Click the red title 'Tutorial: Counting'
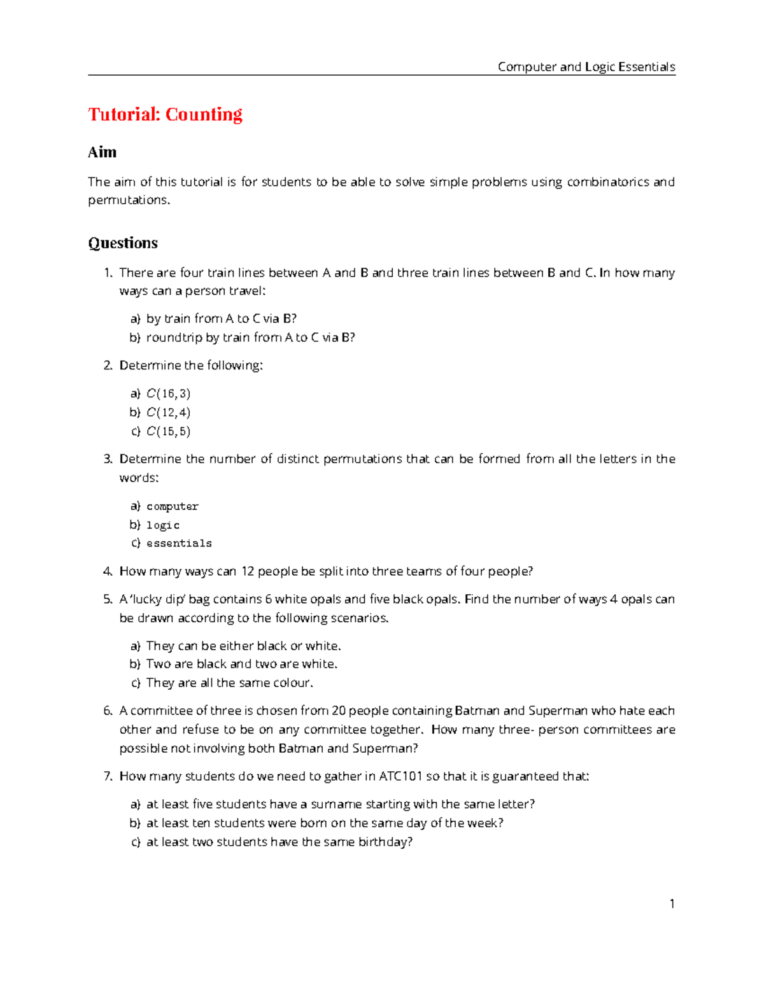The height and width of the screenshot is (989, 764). click(x=165, y=115)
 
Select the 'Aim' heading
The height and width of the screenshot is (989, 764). click(x=102, y=152)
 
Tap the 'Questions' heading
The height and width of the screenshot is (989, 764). click(x=123, y=243)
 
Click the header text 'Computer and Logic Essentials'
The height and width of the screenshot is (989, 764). click(x=586, y=67)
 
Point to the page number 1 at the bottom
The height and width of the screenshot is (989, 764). click(x=672, y=904)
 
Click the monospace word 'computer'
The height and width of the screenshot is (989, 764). click(x=173, y=507)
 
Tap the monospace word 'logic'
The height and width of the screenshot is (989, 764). click(x=163, y=525)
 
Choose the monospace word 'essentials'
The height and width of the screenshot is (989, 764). click(x=179, y=544)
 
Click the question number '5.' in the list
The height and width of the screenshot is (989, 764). click(x=108, y=599)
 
